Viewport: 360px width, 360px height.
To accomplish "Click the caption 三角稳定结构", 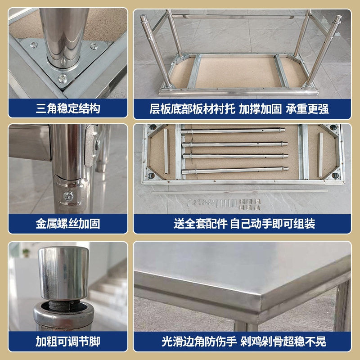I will (68, 108).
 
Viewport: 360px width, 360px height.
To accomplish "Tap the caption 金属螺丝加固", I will (68, 224).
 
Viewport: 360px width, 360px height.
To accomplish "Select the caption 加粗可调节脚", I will (68, 342).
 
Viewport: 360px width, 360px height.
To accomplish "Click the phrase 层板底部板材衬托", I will (193, 108).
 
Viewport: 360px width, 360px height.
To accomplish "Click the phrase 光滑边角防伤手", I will (199, 342).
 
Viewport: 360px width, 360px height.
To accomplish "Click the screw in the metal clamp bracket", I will (69, 195).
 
